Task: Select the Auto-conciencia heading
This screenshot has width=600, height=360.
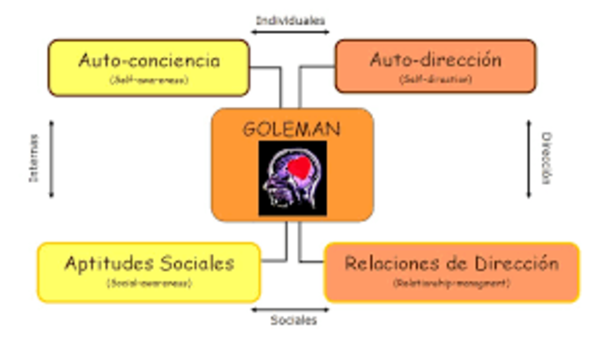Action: click(149, 60)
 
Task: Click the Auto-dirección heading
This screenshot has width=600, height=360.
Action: click(435, 60)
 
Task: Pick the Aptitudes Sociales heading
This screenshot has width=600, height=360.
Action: click(149, 262)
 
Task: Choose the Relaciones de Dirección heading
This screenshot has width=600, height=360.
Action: click(451, 263)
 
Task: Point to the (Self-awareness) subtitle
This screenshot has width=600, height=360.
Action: click(149, 81)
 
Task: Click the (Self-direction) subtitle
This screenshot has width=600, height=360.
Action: click(435, 81)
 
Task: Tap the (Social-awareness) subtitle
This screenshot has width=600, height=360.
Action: click(149, 282)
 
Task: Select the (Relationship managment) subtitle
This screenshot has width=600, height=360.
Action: click(451, 283)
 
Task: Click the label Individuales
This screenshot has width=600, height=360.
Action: click(291, 19)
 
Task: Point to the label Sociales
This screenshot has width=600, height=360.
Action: click(292, 321)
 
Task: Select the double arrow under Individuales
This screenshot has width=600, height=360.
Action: click(291, 34)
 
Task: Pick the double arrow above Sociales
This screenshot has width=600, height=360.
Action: click(292, 307)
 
